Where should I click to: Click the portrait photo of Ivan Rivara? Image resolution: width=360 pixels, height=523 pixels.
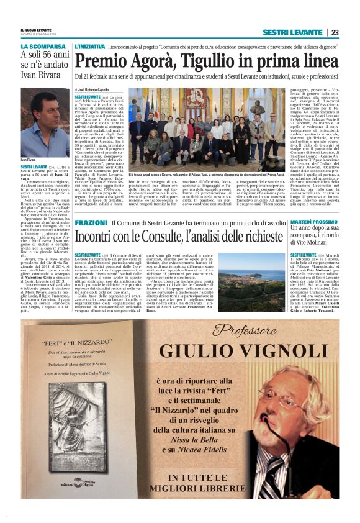tap(44, 121)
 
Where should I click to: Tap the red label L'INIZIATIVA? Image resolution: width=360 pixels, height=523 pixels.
tap(89, 47)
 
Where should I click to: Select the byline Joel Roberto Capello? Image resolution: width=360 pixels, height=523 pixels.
tap(97, 91)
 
